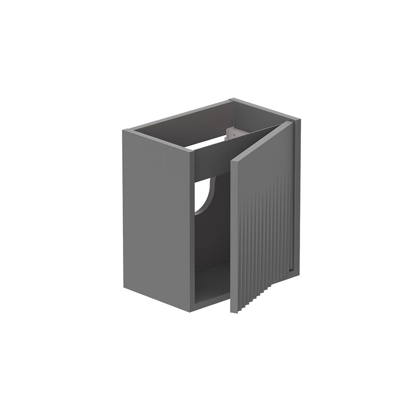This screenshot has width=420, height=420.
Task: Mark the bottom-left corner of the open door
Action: click(231, 313)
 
